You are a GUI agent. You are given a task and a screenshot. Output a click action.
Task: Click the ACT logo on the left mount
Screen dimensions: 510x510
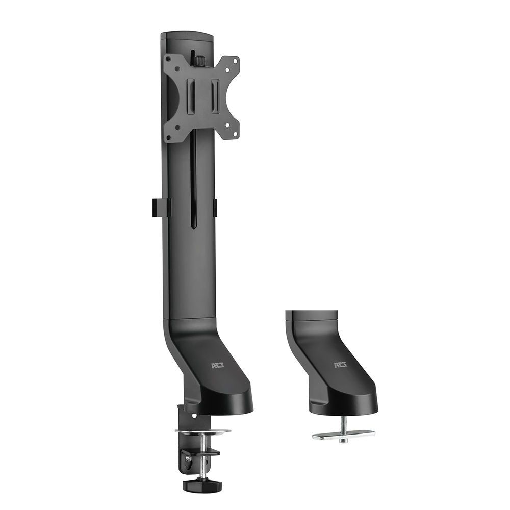pos(217,365)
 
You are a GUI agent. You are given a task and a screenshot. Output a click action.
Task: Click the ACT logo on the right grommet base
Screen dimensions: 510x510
pos(340,365)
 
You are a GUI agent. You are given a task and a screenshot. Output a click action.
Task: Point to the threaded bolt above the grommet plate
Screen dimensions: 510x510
pos(343,422)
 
